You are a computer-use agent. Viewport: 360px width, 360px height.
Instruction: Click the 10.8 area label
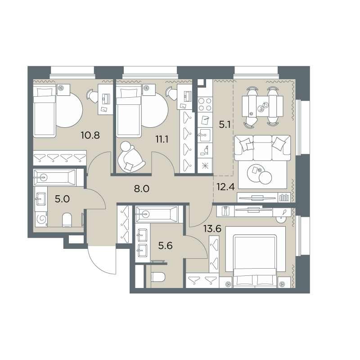pyautogui.click(x=90, y=135)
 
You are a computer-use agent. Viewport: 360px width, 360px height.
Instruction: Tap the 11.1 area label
pyautogui.click(x=162, y=139)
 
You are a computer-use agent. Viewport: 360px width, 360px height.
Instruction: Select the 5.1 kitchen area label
pyautogui.click(x=225, y=125)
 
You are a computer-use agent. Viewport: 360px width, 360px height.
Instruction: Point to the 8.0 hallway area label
pyautogui.click(x=142, y=189)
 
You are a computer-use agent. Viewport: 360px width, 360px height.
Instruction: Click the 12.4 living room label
pyautogui.click(x=225, y=187)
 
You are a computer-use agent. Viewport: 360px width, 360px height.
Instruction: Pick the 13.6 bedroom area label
pyautogui.click(x=212, y=229)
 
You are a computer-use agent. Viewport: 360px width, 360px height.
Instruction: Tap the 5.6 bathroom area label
pyautogui.click(x=165, y=246)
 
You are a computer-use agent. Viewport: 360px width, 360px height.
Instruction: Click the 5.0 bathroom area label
pyautogui.click(x=62, y=199)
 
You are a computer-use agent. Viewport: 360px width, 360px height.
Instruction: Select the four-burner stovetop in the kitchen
pyautogui.click(x=205, y=104)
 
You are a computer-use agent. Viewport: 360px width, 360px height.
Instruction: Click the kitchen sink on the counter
pyautogui.click(x=205, y=135)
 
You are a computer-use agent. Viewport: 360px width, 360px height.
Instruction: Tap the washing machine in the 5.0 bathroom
pyautogui.click(x=41, y=219)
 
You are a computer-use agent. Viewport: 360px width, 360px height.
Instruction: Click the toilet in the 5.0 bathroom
pyautogui.click(x=67, y=220)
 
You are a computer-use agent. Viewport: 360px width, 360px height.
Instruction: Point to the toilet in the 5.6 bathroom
pyautogui.click(x=158, y=277)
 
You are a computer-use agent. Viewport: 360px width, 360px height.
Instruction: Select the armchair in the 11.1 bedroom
pyautogui.click(x=130, y=156)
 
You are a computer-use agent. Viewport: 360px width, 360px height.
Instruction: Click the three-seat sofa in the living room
pyautogui.click(x=262, y=148)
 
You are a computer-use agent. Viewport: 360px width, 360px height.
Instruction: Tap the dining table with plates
pyautogui.click(x=263, y=106)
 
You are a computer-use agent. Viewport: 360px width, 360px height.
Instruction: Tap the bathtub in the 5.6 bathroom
pyautogui.click(x=157, y=214)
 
